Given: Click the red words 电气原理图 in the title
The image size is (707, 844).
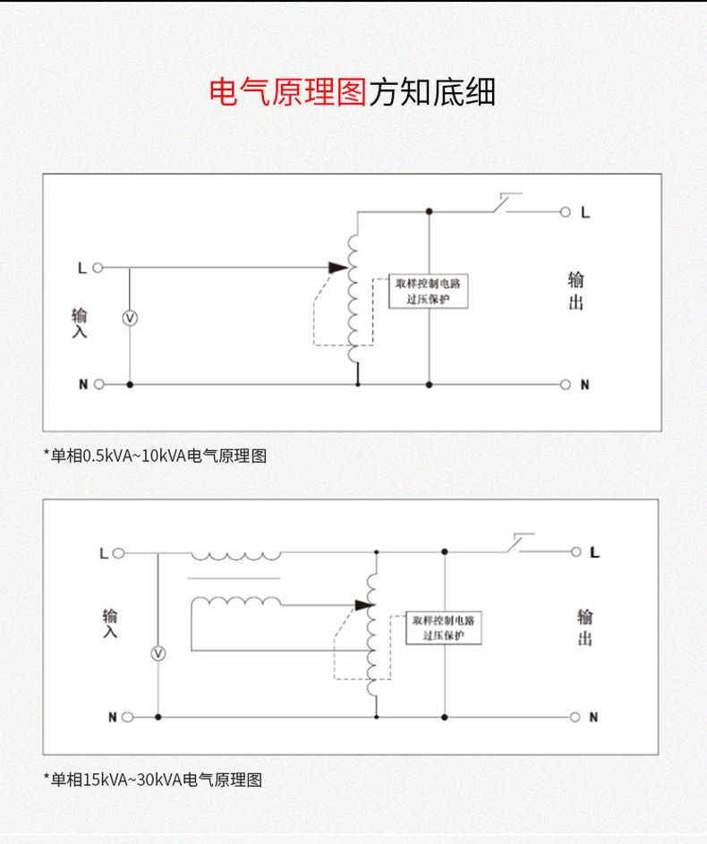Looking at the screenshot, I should pos(288,91).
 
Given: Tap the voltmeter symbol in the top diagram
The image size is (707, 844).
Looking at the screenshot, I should pos(129,319).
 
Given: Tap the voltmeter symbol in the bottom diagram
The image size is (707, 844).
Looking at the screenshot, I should pos(158,653).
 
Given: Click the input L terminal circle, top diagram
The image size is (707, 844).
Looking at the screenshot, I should pos(98,268).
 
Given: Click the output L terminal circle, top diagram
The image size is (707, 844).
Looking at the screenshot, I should pos(565,213).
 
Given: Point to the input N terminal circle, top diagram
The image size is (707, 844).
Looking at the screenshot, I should pos(98,384).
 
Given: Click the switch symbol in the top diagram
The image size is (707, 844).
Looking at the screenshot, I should pos(506,203).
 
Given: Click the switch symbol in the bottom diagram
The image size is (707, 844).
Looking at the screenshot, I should pos(519,543).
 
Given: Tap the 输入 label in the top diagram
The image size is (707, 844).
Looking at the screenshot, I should pos(80,323).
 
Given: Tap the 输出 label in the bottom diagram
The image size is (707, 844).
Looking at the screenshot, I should pos(584,627).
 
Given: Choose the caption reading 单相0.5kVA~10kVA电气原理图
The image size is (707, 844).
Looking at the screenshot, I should pos(155,456).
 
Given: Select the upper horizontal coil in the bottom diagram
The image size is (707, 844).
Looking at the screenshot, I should pos(234,556).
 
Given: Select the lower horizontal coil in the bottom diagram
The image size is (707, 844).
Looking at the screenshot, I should pos(234,602).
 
